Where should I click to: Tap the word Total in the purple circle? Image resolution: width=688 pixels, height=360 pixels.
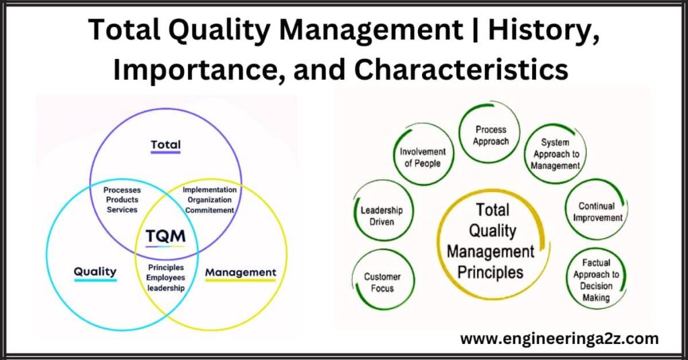coord(165,144)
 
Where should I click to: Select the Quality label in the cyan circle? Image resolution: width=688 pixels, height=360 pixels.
coord(95,272)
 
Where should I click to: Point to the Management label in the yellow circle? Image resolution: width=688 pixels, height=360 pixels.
coord(240,272)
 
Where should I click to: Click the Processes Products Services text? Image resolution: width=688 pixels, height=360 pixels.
coord(122,200)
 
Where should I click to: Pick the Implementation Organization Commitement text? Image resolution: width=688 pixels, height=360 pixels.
coord(210,200)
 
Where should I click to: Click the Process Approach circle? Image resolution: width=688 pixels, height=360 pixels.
coord(490,135)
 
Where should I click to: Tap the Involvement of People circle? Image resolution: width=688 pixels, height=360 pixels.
coord(422,157)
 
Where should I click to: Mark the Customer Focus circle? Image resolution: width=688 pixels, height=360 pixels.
coord(382,281)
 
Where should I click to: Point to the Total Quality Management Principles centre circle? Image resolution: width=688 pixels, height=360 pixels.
coord(490,242)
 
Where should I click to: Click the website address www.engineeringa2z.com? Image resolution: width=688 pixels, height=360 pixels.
coord(559,339)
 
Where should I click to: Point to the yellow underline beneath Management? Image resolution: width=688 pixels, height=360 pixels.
coord(240,280)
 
